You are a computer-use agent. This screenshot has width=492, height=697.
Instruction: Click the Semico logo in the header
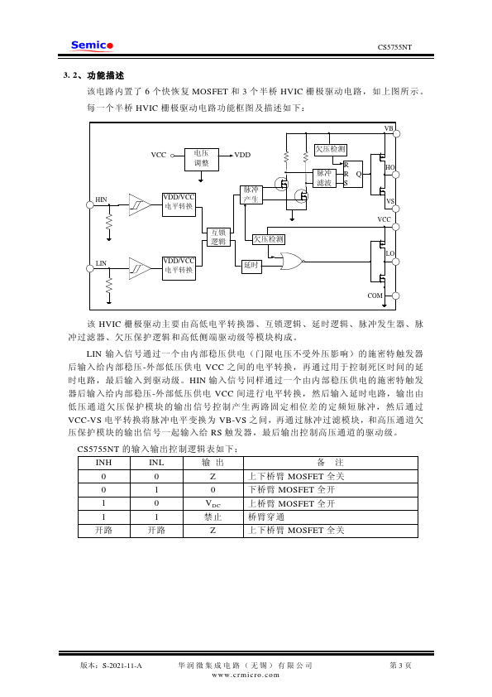(x=92, y=46)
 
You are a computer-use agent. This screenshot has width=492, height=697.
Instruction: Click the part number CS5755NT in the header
(x=394, y=47)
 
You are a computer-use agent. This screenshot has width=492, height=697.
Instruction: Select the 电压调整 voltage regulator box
(x=201, y=159)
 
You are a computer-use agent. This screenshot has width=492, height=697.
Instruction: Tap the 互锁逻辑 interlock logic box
(x=218, y=237)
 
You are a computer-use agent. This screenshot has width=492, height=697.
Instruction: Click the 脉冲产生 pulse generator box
(x=251, y=195)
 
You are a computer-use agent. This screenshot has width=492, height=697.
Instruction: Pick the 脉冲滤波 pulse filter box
(x=324, y=178)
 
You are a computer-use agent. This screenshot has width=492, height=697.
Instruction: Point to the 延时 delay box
(x=251, y=266)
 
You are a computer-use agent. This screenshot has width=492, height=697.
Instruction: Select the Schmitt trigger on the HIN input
(x=140, y=205)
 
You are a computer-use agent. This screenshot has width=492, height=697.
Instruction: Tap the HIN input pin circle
(x=89, y=205)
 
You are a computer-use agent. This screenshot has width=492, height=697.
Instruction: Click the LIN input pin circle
(x=89, y=268)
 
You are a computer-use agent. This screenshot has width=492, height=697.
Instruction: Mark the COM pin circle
(x=395, y=296)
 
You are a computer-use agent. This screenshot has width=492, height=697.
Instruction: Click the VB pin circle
(x=397, y=133)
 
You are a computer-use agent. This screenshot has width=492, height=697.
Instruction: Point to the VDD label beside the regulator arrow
(x=242, y=155)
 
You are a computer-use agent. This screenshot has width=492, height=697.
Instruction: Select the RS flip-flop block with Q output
(x=353, y=174)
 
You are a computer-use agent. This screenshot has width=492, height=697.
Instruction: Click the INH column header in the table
(x=104, y=463)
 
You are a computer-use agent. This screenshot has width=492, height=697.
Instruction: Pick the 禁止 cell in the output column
(x=213, y=517)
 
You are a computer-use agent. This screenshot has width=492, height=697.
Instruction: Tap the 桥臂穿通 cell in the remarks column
(x=265, y=517)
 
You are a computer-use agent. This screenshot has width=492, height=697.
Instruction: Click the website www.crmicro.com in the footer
(x=246, y=675)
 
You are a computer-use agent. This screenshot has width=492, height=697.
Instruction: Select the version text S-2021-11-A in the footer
(x=122, y=666)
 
